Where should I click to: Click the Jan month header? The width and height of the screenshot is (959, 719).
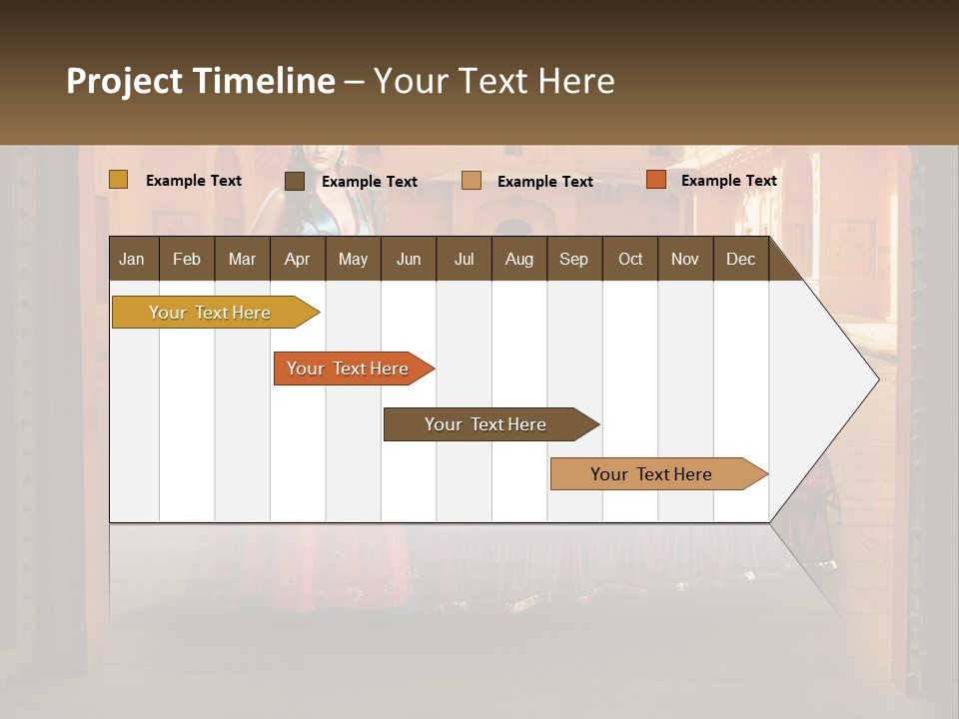(133, 259)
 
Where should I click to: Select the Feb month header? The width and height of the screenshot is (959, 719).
(187, 259)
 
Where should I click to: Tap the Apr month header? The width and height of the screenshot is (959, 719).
(297, 259)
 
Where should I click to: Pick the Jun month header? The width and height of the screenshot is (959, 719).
(409, 259)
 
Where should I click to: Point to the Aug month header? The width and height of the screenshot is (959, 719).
(518, 259)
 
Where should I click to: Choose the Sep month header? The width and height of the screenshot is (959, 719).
(574, 259)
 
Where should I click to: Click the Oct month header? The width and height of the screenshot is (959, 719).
(630, 259)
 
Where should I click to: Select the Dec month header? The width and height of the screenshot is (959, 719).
(740, 259)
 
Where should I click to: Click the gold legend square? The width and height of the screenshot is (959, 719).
(119, 180)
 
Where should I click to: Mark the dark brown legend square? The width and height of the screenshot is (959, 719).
(295, 181)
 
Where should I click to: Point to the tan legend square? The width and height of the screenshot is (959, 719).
(472, 181)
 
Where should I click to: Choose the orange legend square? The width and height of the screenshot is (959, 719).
(656, 180)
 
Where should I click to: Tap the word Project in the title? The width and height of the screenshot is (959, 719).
(124, 81)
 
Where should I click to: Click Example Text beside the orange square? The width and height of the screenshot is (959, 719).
(728, 180)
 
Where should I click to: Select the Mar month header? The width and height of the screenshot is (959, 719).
(242, 259)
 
